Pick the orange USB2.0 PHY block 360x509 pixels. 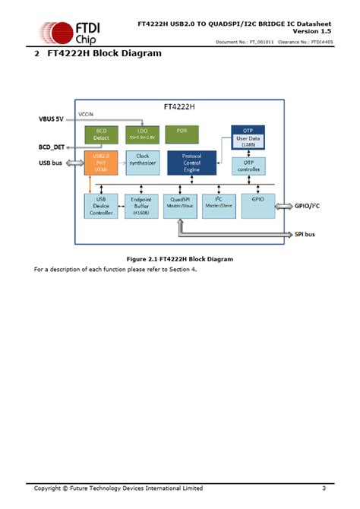point(100,163)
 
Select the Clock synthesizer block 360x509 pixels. point(141,163)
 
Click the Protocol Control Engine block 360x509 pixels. point(191,163)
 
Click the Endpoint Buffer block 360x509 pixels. point(141,206)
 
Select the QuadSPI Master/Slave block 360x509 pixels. point(181,206)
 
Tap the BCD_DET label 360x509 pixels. point(54,146)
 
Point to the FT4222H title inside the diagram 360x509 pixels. point(180,109)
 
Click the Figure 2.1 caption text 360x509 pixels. point(179,259)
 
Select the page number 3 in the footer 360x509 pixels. point(324,487)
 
